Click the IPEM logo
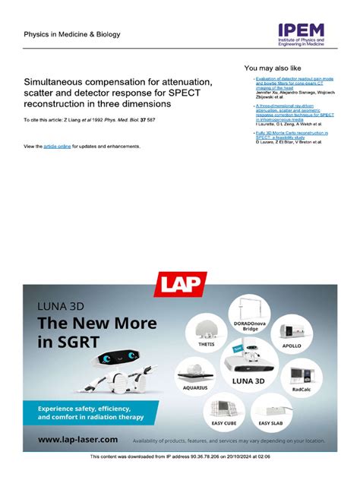[301, 34]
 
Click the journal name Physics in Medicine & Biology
[72, 34]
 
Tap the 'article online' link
[57, 146]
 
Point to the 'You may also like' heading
[273, 68]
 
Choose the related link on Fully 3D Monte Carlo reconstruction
[292, 133]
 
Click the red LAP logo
[179, 285]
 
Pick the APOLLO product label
[292, 346]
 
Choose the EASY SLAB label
[270, 422]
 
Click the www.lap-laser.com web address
[78, 439]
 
